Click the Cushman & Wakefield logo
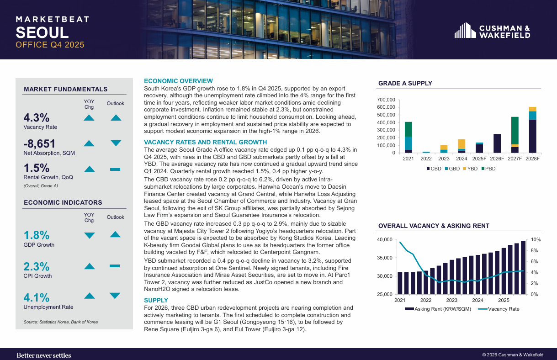tap(492, 31)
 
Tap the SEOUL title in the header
tap(42, 32)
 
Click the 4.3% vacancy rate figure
tap(37, 117)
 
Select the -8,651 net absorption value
tap(39, 144)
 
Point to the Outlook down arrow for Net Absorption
tap(116, 143)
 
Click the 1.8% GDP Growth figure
tap(37, 235)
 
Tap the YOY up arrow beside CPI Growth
tap(90, 266)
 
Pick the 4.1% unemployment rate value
tap(37, 298)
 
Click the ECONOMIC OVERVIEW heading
tap(178, 81)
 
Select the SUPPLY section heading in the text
tap(156, 300)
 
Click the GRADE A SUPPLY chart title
tap(405, 83)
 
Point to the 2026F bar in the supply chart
tap(497, 143)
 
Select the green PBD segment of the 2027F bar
tap(515, 131)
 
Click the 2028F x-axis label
tap(533, 159)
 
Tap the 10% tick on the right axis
tap(536, 239)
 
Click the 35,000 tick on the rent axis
tap(384, 258)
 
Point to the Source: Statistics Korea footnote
tap(61, 322)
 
